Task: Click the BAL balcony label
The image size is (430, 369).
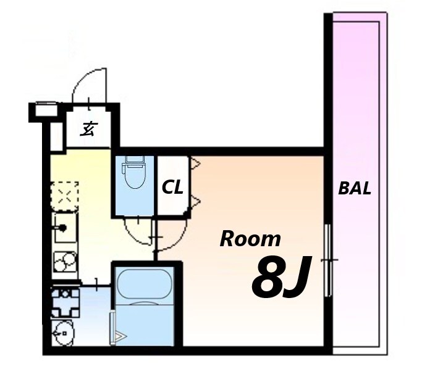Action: [x=355, y=188]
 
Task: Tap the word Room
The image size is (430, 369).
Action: [x=250, y=239]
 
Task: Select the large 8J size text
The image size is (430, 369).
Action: [x=281, y=276]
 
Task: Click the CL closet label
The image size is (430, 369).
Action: [x=172, y=188]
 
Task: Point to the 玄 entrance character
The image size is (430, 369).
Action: [x=88, y=129]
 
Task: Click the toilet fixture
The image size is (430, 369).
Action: [x=135, y=172]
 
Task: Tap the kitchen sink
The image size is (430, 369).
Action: [x=65, y=228]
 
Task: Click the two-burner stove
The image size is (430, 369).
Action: [x=64, y=262]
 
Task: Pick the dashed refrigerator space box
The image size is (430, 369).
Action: [x=64, y=196]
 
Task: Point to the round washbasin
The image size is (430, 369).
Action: [x=64, y=333]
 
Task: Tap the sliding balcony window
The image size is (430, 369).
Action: [x=327, y=260]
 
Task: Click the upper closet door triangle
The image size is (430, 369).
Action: [x=195, y=164]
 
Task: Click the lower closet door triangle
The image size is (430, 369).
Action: [x=195, y=201]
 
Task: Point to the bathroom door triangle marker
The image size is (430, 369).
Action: [x=120, y=336]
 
